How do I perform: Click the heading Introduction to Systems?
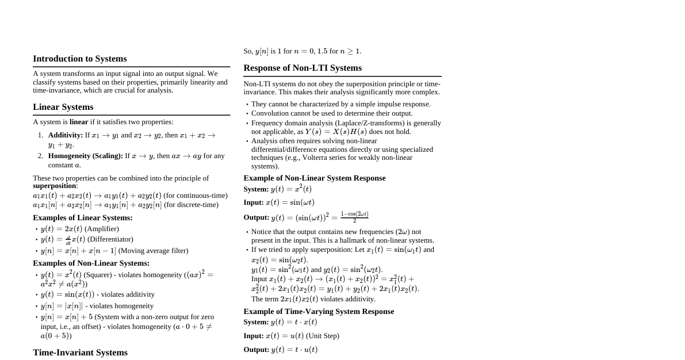click(x=80, y=59)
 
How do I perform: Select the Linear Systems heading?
click(x=63, y=107)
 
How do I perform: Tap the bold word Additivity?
click(x=65, y=135)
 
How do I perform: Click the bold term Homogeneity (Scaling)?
click(x=85, y=156)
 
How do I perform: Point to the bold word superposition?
click(x=55, y=186)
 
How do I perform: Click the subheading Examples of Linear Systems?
click(x=82, y=217)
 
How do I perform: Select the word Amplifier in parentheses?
click(x=102, y=229)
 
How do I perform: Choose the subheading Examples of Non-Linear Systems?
click(x=91, y=263)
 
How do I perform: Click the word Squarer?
click(x=98, y=275)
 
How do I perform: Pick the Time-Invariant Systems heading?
click(x=80, y=353)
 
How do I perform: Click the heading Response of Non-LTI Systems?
click(x=303, y=68)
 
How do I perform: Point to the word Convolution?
click(x=270, y=113)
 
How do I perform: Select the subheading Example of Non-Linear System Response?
click(x=314, y=178)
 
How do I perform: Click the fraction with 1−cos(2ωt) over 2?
click(x=354, y=217)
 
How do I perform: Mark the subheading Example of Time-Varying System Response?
click(x=319, y=311)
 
